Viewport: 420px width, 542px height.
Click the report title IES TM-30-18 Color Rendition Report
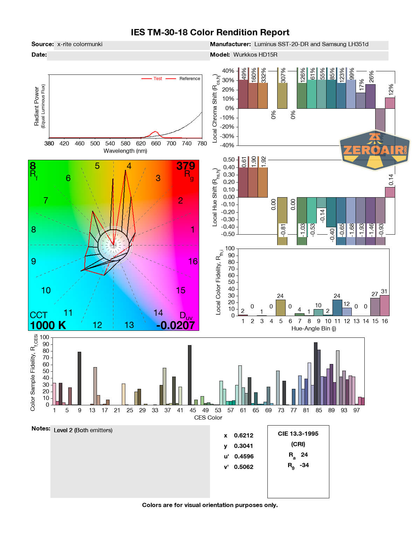[x=210, y=33]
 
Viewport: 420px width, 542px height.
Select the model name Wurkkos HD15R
[x=255, y=55]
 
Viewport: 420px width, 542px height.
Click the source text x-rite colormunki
[x=80, y=44]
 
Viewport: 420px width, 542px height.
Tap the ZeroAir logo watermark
[x=374, y=150]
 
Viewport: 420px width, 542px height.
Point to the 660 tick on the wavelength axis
[x=156, y=143]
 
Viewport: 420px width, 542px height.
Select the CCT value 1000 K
[x=48, y=325]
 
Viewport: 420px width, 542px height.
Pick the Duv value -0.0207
[x=175, y=325]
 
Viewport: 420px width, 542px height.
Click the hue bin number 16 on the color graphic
[x=193, y=261]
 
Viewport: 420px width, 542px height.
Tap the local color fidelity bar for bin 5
[x=281, y=308]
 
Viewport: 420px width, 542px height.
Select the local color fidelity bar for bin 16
[x=385, y=306]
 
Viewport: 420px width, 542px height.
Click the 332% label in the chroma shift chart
[x=264, y=75]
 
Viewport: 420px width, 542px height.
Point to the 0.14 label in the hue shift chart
[x=391, y=179]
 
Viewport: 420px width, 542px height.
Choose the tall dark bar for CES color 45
[x=190, y=375]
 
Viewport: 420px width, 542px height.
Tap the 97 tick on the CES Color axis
[x=356, y=410]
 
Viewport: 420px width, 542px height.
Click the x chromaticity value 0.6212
[x=244, y=435]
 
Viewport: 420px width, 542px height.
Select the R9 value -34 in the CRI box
[x=304, y=465]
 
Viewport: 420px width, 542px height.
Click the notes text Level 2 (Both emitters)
[x=83, y=430]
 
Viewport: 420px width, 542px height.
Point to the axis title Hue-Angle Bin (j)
[x=314, y=328]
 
